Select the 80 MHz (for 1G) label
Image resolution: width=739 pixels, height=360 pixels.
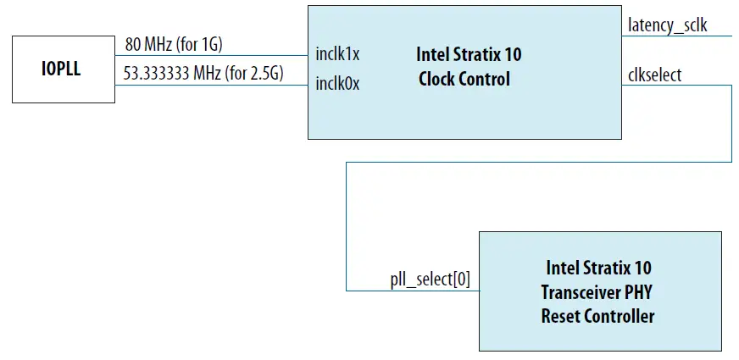pos(173,44)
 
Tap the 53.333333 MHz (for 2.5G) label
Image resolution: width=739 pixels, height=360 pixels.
pos(203,75)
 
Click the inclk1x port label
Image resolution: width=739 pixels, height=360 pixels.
pos(336,54)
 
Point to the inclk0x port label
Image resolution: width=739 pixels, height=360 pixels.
pos(336,84)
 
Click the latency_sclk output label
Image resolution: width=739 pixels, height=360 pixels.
pos(667,26)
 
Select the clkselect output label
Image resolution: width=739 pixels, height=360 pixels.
pos(654,75)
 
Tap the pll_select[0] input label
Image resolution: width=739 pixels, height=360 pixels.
pos(429,279)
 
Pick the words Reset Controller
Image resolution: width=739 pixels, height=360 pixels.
pos(597,316)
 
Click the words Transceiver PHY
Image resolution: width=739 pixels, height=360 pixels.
pos(597,292)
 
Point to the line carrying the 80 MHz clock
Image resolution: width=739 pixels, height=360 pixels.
pos(212,53)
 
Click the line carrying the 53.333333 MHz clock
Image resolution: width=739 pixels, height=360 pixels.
pos(212,84)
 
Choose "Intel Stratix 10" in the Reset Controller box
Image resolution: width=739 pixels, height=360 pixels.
pos(598,269)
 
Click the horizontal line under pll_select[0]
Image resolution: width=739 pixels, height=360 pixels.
pos(413,291)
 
